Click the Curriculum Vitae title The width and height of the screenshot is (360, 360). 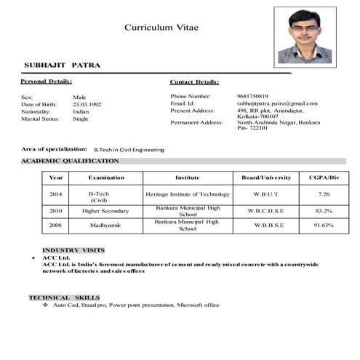(161, 27)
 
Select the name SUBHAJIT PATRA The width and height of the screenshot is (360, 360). (63, 65)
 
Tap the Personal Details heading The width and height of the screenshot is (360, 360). (47, 81)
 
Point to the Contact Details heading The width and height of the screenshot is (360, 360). (194, 82)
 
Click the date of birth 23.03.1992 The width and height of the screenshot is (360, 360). (87, 104)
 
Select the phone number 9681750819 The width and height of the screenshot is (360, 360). (253, 96)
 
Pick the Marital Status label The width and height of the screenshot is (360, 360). (39, 119)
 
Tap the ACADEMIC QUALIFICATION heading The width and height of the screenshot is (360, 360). (70, 161)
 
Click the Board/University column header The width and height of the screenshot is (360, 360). (266, 177)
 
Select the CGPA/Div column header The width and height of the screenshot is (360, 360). (324, 177)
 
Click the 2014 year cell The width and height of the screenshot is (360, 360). (56, 194)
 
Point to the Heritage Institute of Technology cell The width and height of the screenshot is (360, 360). (188, 194)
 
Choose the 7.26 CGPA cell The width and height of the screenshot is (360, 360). (324, 194)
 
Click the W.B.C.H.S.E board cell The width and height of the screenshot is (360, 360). (266, 211)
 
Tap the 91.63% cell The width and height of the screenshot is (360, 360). (324, 225)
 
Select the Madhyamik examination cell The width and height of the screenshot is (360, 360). (101, 225)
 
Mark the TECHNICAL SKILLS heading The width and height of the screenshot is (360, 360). (64, 297)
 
